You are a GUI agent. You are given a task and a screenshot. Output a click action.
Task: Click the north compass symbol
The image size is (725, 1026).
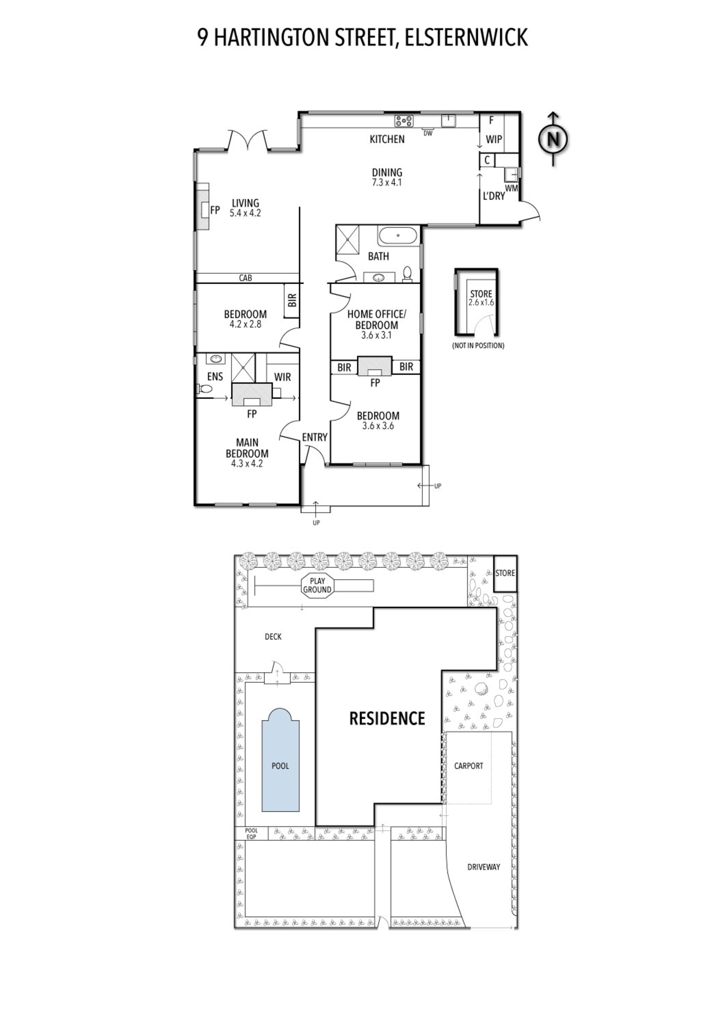point(553,139)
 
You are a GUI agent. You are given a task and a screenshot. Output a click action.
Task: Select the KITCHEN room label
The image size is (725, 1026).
point(387,139)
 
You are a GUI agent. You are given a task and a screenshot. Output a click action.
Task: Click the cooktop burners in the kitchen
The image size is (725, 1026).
point(404,121)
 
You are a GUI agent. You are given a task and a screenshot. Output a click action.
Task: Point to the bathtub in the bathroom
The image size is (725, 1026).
point(398,235)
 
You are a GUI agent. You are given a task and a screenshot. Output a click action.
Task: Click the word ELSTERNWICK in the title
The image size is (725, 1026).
point(466,37)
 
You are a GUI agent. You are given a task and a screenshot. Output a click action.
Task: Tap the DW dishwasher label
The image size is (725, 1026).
point(428,133)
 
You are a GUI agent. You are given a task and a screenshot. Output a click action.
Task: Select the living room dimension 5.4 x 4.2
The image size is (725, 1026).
point(245,213)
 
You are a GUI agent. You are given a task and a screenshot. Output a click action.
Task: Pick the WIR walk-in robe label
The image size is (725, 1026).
point(282,377)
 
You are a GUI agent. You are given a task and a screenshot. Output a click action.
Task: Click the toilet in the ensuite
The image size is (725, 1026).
point(204,389)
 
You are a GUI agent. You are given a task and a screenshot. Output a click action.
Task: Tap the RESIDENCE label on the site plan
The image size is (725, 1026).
point(387,719)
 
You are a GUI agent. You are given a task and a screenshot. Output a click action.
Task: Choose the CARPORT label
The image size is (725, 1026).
point(468,766)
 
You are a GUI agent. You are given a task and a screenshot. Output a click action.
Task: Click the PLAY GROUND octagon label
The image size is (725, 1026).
point(317,585)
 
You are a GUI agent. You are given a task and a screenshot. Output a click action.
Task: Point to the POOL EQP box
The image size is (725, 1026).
point(251,834)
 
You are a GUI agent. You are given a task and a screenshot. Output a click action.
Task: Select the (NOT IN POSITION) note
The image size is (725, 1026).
point(478,346)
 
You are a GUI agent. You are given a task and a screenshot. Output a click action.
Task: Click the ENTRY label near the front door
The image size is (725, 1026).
point(315,437)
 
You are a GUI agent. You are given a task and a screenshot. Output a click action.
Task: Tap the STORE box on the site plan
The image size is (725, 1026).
point(505,573)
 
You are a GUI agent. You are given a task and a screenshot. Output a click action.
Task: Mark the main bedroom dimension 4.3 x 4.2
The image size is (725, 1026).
point(247,464)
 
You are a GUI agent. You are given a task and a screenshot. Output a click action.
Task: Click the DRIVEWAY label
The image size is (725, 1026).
point(483,867)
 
